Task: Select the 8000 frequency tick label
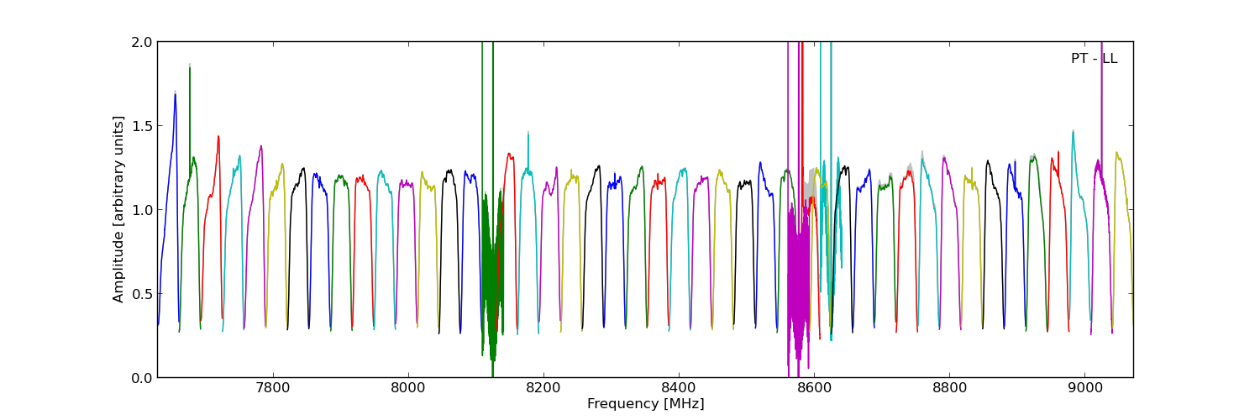click(407, 389)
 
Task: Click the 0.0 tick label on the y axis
click(142, 378)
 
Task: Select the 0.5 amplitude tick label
click(142, 294)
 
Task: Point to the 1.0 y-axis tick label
click(142, 210)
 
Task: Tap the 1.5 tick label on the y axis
click(142, 126)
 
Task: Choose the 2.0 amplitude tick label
click(142, 42)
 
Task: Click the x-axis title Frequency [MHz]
click(645, 404)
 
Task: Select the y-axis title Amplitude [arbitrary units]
click(118, 209)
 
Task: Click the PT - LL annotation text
click(1094, 59)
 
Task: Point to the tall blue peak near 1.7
click(175, 97)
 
